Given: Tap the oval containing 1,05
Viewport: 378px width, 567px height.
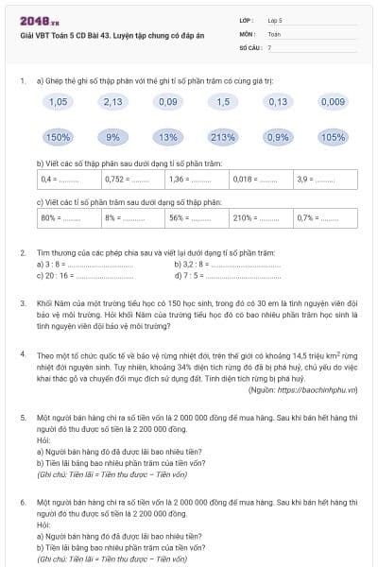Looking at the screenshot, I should pyautogui.click(x=58, y=101).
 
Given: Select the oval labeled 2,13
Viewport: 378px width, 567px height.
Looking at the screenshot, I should pyautogui.click(x=112, y=101).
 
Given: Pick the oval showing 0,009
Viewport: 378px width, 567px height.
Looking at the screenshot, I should pyautogui.click(x=333, y=101).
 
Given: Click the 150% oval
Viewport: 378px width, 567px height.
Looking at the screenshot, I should pyautogui.click(x=58, y=137).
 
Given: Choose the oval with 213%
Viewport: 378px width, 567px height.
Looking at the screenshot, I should pyautogui.click(x=223, y=137).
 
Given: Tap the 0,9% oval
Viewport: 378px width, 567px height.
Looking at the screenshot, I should pyautogui.click(x=278, y=137).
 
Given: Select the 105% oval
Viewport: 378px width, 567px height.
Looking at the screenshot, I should pyautogui.click(x=333, y=137).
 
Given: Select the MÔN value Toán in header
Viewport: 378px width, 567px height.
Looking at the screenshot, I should pyautogui.click(x=275, y=32).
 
